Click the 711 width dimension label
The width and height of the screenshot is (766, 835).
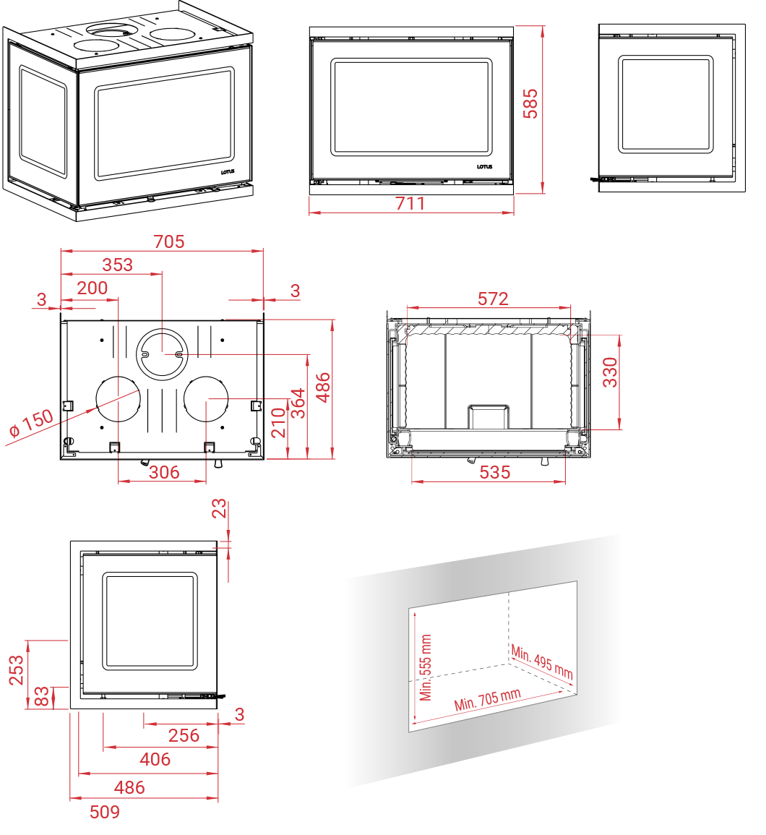click(410, 203)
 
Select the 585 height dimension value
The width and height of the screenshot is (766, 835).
click(530, 103)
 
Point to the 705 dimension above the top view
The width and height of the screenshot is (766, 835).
click(169, 241)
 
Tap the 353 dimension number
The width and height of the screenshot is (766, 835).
click(117, 265)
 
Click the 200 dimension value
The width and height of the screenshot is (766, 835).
click(92, 288)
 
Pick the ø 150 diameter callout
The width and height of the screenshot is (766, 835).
click(31, 424)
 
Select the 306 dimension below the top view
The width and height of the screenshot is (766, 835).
click(164, 472)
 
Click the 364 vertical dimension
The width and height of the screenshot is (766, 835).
click(298, 403)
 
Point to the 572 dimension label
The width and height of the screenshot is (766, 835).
click(493, 299)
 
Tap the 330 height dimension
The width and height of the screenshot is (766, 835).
click(610, 372)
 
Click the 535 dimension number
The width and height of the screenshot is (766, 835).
click(494, 472)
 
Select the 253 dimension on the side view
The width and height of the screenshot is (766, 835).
click(17, 670)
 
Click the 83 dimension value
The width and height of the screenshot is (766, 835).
click(41, 696)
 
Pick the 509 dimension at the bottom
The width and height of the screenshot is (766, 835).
click(104, 812)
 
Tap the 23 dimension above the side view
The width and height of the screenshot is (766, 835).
click(219, 509)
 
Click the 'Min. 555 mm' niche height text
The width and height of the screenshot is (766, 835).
click(425, 668)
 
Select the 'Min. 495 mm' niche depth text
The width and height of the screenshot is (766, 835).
click(542, 662)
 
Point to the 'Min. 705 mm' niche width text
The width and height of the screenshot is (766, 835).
click(487, 699)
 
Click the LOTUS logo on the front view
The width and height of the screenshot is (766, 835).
click(484, 167)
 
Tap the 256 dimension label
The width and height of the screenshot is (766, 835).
click(184, 735)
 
